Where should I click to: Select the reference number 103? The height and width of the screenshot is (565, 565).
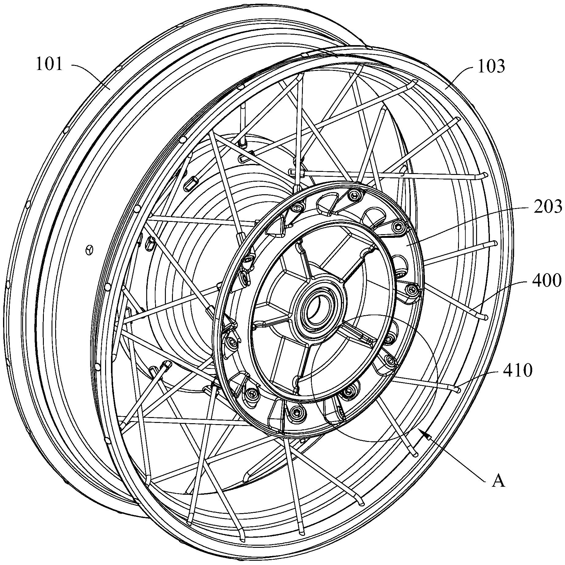491,66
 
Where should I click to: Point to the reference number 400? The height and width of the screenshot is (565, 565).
548,280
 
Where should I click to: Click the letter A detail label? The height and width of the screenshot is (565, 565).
498,481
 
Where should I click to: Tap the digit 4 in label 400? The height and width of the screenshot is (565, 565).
538,280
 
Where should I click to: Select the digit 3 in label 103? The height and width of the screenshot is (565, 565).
500,66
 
